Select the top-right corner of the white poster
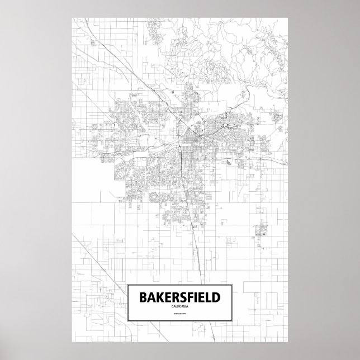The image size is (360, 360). (x=287, y=17)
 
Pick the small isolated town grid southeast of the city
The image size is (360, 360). (x=260, y=229)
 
